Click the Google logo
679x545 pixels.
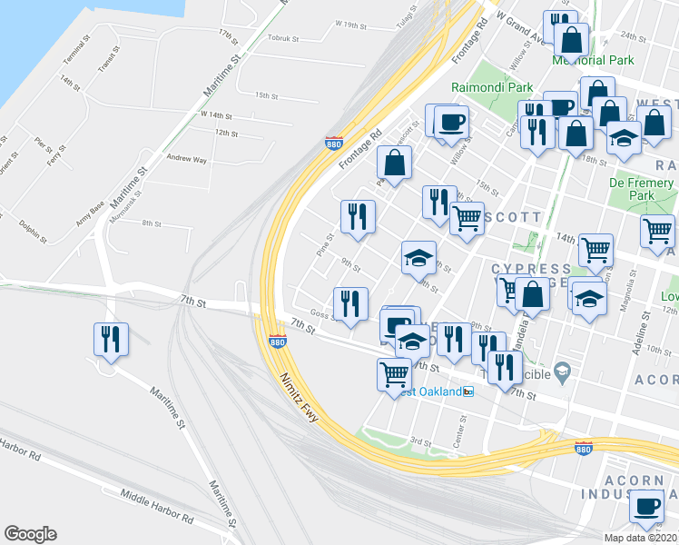[30, 534]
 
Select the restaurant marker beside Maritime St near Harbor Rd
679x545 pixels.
[111, 340]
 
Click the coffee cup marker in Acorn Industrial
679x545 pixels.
[646, 506]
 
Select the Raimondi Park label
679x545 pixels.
[492, 88]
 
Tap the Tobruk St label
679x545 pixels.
[289, 38]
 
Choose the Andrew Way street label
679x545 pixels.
[186, 159]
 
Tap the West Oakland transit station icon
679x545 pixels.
[468, 391]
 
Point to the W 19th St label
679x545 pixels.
[352, 24]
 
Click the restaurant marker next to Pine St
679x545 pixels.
[357, 216]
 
